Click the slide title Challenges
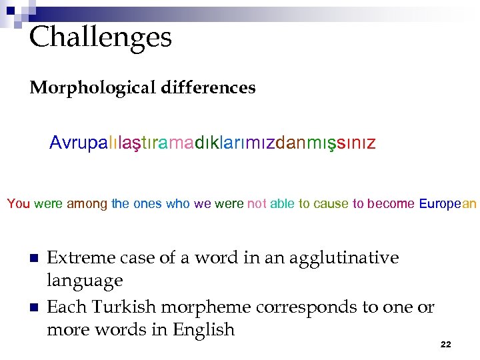coord(101,37)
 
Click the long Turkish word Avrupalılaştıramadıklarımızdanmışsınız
coord(213,143)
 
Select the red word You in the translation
coord(19,204)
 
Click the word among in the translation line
coord(87,204)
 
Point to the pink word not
coord(257,204)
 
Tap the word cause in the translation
coord(333,204)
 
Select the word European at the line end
coord(448,204)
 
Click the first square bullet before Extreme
coord(32,259)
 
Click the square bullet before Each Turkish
coord(32,308)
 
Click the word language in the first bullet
coord(85,281)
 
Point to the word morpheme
coord(199,307)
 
